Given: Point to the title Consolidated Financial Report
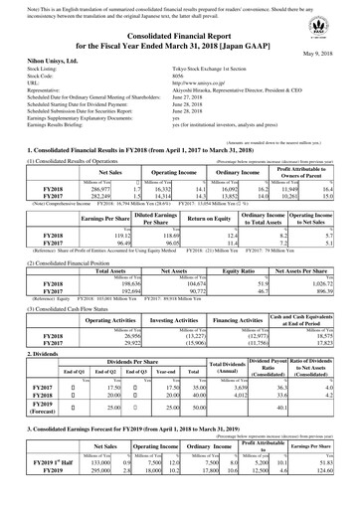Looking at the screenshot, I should [180, 35].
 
